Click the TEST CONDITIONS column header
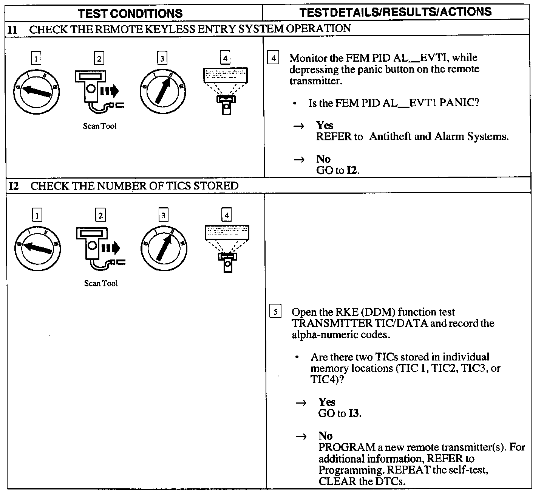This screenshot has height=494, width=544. point(130,13)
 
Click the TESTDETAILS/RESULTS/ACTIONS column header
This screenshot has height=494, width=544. point(396,12)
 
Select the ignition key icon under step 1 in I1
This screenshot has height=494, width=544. point(36,91)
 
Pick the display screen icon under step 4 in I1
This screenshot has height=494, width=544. point(226,90)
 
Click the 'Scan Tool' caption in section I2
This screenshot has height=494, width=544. point(101,283)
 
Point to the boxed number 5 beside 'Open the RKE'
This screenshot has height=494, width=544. point(275,312)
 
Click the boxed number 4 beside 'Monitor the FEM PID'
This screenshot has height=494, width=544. point(273,58)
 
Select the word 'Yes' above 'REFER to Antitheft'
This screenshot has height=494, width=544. point(325,125)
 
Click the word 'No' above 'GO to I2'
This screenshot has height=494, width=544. point(323,159)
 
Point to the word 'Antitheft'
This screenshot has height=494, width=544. point(390,137)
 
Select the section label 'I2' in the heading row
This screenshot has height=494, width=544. point(14,186)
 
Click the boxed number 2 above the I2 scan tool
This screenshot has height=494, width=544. point(100,216)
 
